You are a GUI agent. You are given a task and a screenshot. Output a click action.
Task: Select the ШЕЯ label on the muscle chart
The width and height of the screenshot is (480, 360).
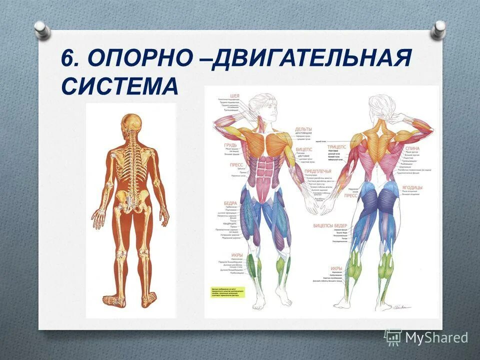234,95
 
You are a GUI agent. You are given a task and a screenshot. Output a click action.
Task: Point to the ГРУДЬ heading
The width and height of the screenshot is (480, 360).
230,145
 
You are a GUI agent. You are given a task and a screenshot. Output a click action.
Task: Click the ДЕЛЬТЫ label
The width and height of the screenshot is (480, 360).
303,129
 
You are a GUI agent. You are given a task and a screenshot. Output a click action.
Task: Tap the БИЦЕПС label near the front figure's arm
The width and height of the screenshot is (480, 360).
304,149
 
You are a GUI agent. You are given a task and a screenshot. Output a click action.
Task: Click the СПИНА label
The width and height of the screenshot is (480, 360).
412,148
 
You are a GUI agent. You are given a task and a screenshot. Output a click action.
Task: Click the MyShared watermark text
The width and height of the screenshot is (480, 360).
436,337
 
